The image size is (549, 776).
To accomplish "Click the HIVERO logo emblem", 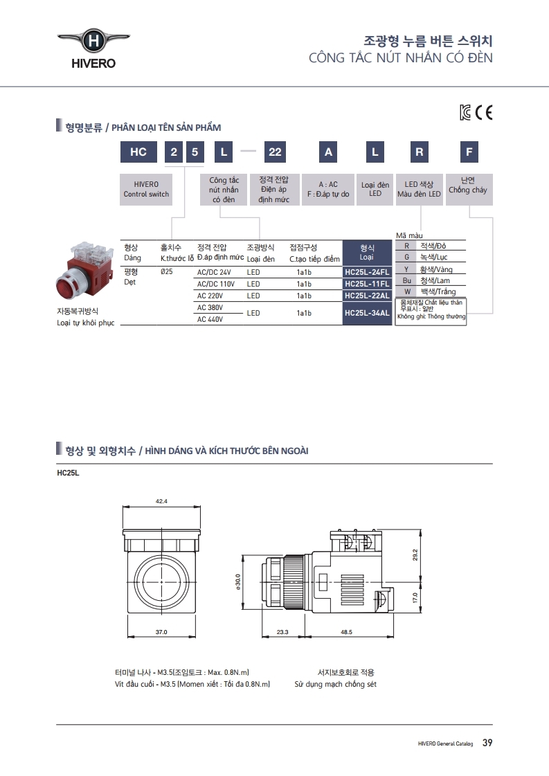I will (93, 42).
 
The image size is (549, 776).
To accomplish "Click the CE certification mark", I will (483, 113).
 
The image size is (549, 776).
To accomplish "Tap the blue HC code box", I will (138, 152).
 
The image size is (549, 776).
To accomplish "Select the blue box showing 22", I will (274, 152).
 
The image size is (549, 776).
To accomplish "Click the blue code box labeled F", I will (469, 152).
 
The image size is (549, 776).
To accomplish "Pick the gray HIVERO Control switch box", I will (146, 189).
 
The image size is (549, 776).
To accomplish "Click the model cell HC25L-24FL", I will (367, 272).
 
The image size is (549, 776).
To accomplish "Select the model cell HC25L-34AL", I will (367, 313).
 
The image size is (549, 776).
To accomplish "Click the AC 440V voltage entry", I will (210, 319).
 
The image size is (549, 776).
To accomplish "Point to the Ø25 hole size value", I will (166, 272).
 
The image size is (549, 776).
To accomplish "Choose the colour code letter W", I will (407, 292).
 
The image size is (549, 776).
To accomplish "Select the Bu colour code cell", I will (407, 280).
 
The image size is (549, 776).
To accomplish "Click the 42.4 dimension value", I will (161, 500).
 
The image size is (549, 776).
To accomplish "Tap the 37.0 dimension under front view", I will (161, 632).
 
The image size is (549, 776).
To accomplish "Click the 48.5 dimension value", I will (346, 632).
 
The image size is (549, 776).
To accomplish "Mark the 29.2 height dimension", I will (415, 554).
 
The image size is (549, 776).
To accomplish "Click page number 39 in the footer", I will (487, 743).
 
